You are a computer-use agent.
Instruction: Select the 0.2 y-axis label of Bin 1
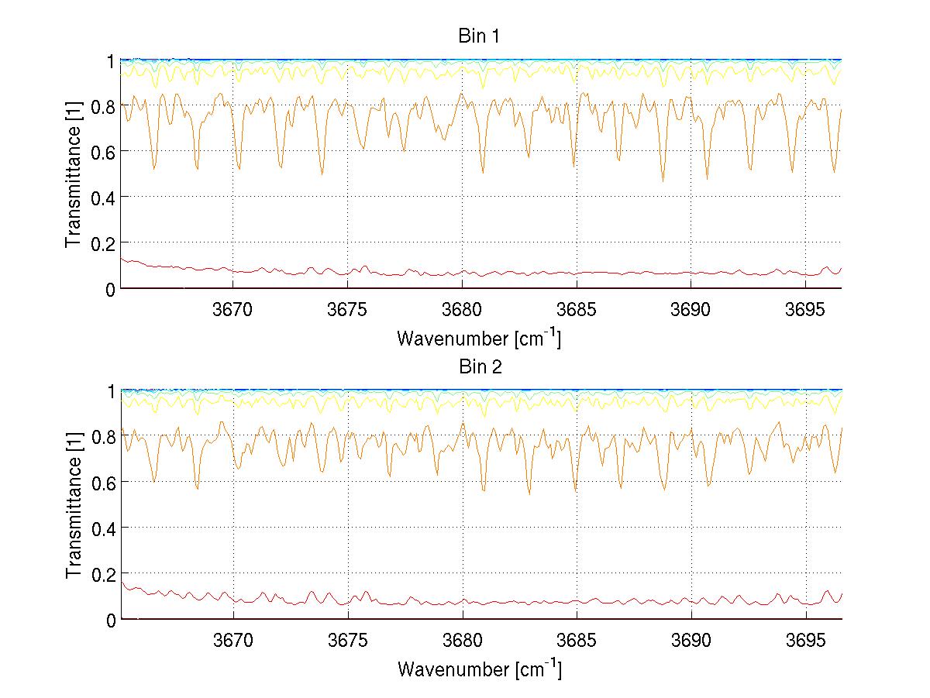[101, 243]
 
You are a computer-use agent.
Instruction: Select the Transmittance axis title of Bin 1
[74, 174]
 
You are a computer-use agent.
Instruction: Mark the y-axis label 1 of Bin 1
[111, 60]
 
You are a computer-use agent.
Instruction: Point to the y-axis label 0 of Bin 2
[111, 621]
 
